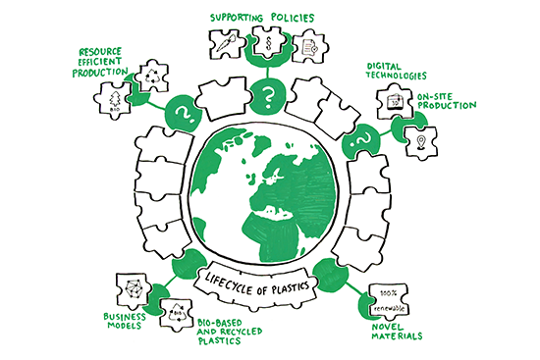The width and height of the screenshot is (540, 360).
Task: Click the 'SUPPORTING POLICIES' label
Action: click(x=264, y=16)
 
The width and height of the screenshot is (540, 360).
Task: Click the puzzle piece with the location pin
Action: click(x=422, y=141)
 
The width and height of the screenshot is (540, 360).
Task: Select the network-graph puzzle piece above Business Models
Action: click(x=135, y=289)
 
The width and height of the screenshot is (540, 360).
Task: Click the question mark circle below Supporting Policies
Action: click(x=265, y=96)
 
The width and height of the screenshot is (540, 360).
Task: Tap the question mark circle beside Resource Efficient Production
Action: click(x=183, y=112)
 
